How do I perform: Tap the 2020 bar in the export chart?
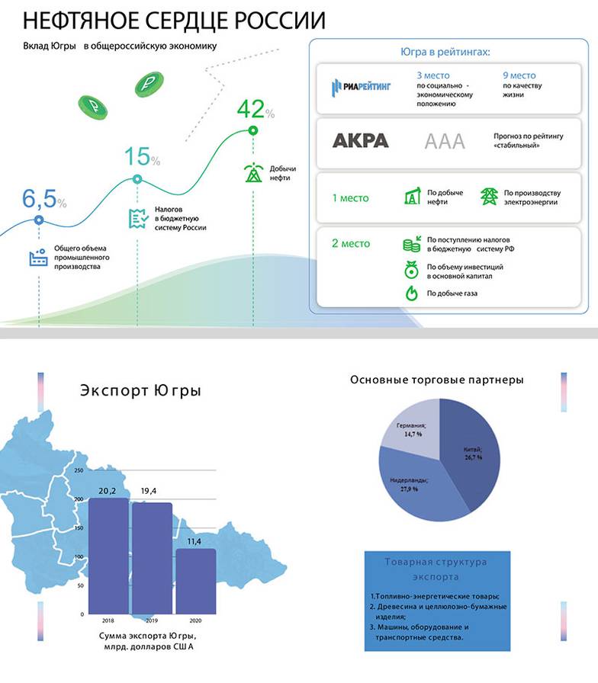(x=195, y=581)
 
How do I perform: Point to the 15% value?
(x=142, y=157)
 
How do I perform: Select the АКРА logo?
(x=361, y=141)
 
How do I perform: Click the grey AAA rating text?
(x=443, y=141)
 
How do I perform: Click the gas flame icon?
(x=411, y=293)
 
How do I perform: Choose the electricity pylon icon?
(x=488, y=197)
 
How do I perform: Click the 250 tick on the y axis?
(x=78, y=471)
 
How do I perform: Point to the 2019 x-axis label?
(x=152, y=620)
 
